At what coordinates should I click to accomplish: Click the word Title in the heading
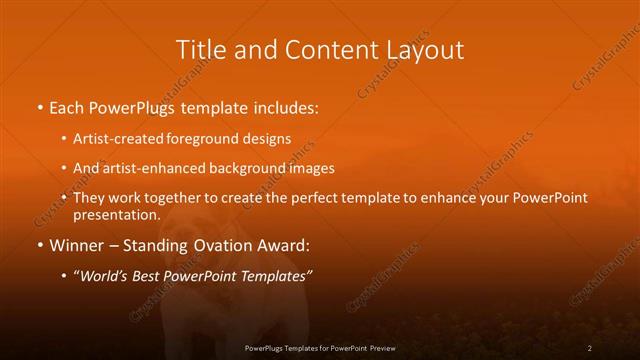[x=200, y=50]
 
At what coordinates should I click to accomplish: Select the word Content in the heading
[x=316, y=50]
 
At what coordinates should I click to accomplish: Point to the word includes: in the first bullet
[x=284, y=106]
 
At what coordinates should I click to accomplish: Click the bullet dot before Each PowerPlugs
[x=39, y=107]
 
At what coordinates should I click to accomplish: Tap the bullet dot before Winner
[x=39, y=245]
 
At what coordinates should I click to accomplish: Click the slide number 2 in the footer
[x=590, y=347]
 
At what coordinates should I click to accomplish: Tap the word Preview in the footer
[x=379, y=347]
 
